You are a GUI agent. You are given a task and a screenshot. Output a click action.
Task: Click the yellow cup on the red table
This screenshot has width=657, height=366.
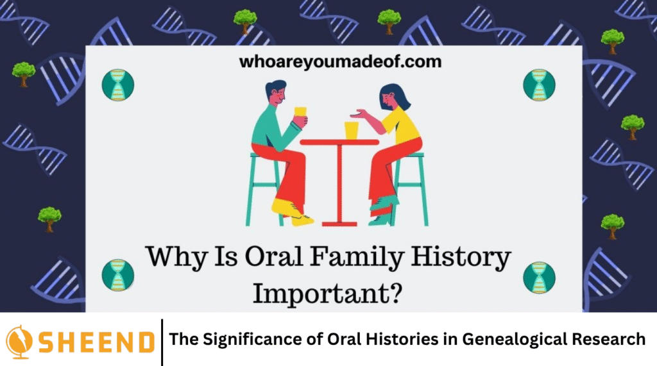pyautogui.click(x=352, y=130)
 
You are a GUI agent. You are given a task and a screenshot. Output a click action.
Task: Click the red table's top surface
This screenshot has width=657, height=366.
pyautogui.click(x=339, y=142)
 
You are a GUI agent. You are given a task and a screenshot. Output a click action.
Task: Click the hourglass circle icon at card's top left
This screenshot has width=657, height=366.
pyautogui.click(x=117, y=85)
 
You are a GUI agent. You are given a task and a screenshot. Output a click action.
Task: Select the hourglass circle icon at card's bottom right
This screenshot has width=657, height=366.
pyautogui.click(x=538, y=277)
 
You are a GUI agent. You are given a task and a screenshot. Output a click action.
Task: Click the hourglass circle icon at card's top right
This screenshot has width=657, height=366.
pyautogui.click(x=538, y=85)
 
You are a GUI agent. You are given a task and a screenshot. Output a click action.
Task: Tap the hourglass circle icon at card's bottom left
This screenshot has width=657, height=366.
pyautogui.click(x=117, y=276)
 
